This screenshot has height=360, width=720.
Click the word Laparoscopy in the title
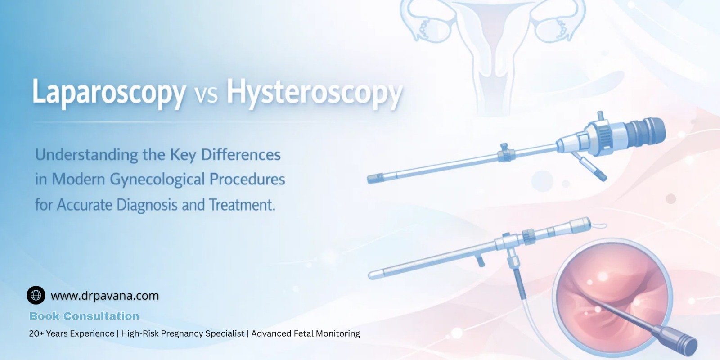[x=108, y=93]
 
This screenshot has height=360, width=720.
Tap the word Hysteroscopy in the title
[x=313, y=93]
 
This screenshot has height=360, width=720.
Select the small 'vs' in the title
[x=206, y=94]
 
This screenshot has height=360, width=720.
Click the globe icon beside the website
[x=36, y=295]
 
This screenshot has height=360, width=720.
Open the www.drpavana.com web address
[x=105, y=296]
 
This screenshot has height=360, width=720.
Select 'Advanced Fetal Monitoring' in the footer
[x=306, y=333]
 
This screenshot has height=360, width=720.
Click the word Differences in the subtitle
[x=240, y=155]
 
